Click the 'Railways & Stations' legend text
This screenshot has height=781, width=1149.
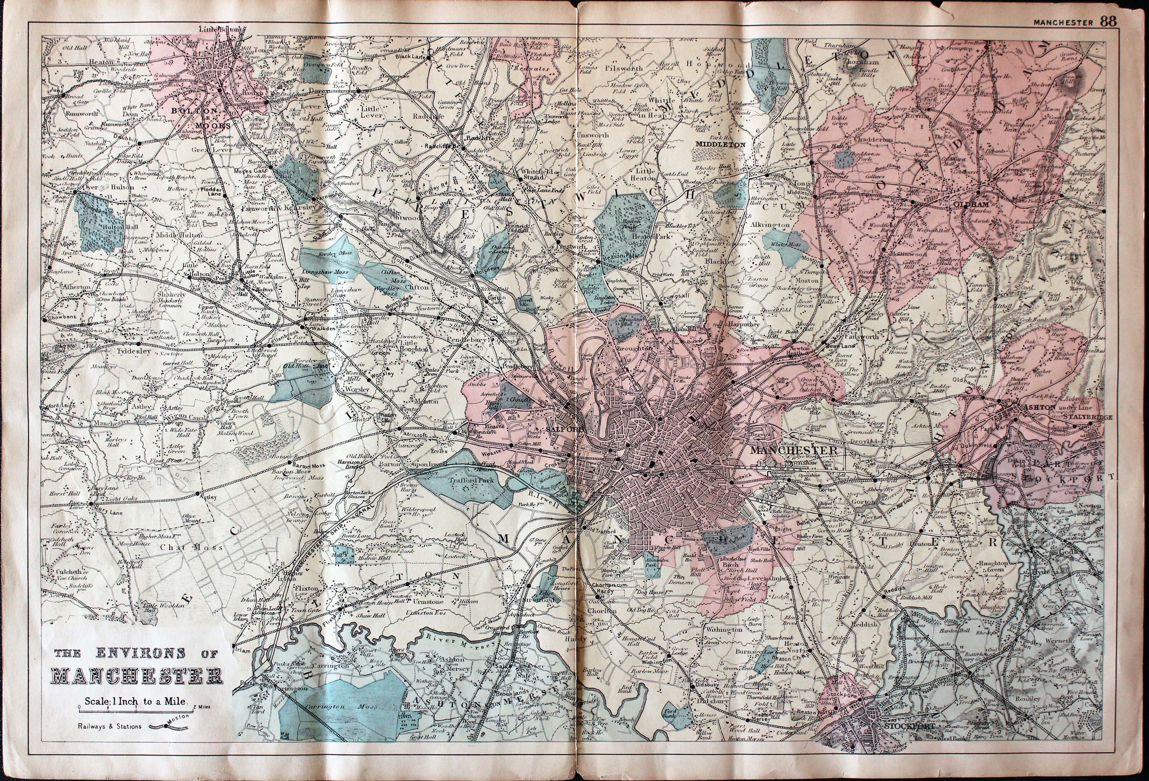(x=109, y=726)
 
